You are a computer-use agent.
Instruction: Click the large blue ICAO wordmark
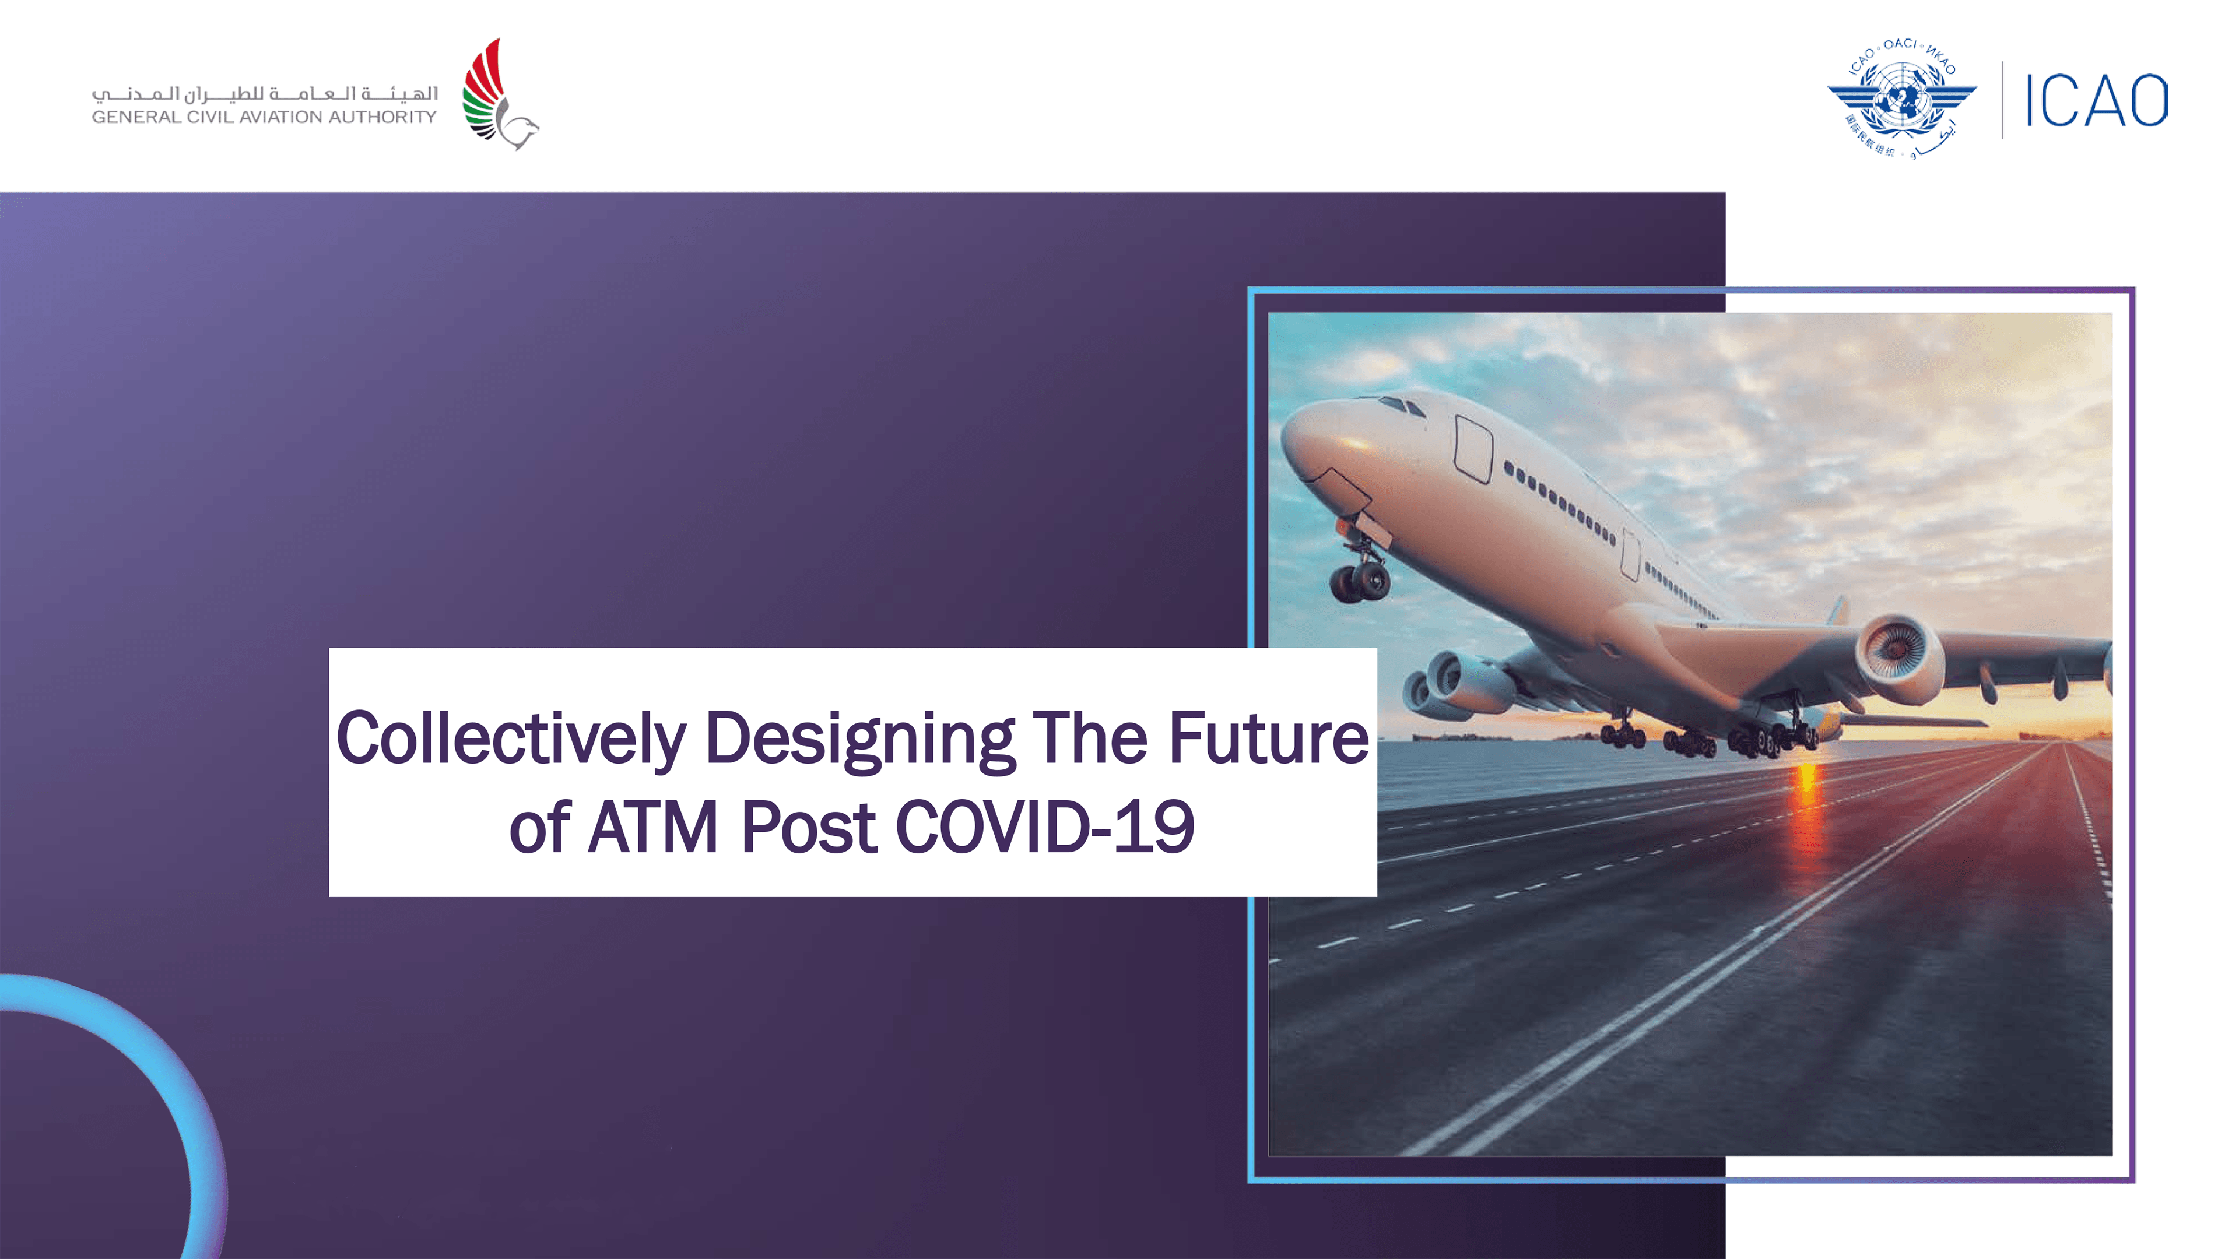(2097, 101)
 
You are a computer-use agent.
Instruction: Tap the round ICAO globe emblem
(1903, 98)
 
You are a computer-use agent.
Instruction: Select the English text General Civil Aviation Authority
(264, 117)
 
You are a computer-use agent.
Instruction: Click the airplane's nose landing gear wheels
(1360, 581)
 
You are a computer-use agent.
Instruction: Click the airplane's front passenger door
(1473, 448)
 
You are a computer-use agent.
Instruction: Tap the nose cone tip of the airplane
(1288, 434)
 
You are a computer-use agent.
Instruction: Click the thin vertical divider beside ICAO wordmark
(2003, 100)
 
